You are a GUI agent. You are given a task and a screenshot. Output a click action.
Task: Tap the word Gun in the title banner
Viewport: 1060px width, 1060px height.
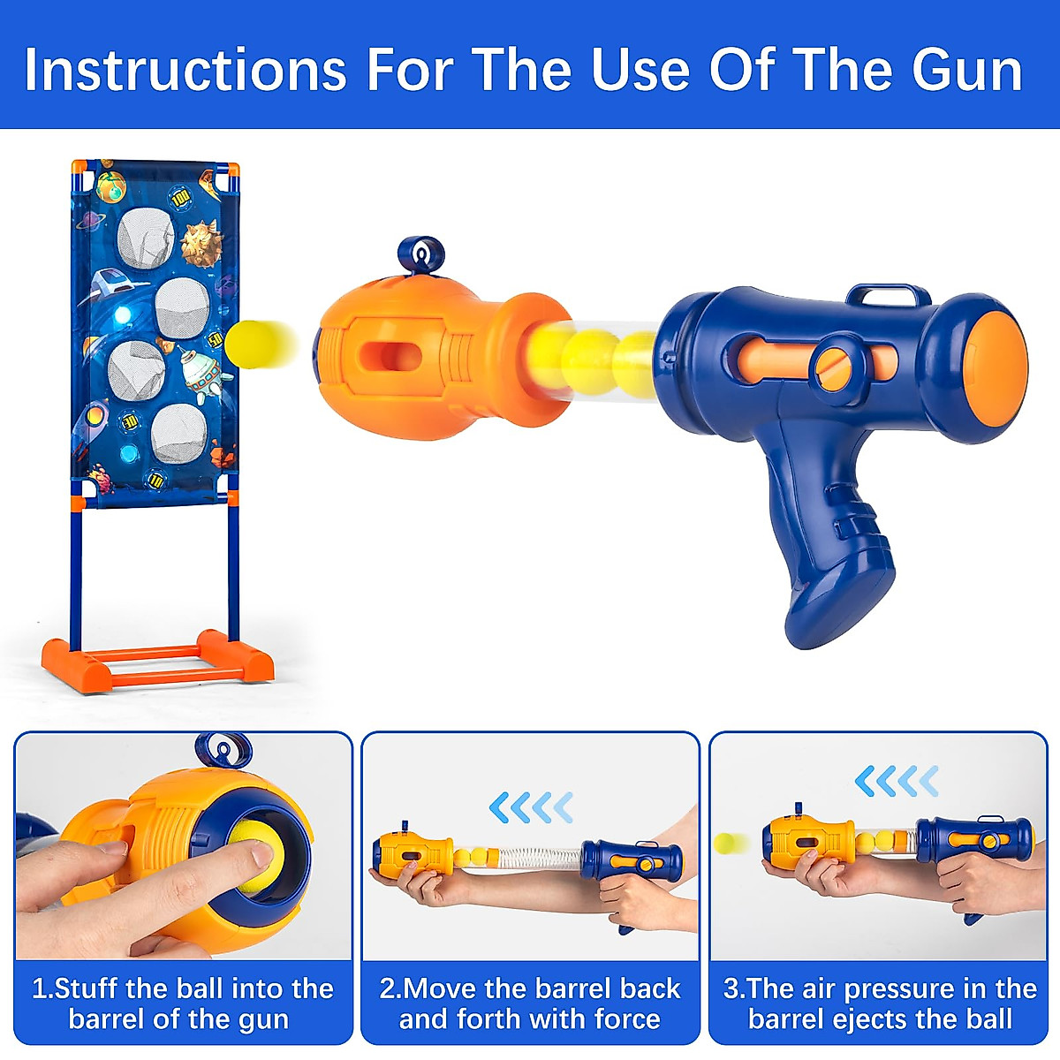[966, 71]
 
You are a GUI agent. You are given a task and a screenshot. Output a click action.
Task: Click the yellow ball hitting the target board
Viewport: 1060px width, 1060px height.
[252, 343]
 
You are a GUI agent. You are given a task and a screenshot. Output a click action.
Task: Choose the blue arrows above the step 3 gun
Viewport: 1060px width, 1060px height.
[897, 781]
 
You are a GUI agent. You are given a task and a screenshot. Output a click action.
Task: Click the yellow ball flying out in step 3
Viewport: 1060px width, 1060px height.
[731, 844]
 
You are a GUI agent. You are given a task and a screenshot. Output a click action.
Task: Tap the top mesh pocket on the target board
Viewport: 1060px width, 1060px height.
[146, 238]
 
